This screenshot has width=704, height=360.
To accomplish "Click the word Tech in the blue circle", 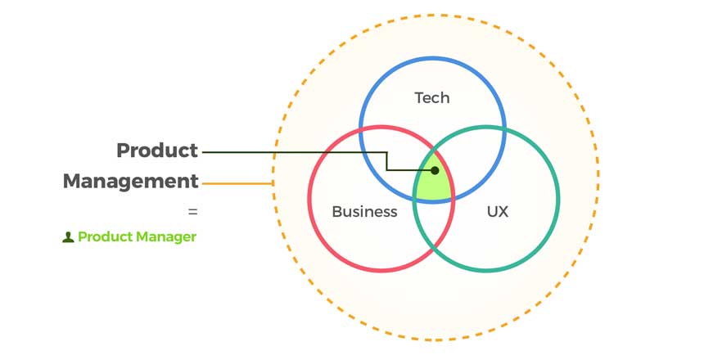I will (x=432, y=98).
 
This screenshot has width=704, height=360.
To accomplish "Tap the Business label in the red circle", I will (x=364, y=212).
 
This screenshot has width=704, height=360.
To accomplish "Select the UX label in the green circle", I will (x=497, y=212).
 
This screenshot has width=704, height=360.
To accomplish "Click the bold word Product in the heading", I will (x=157, y=151).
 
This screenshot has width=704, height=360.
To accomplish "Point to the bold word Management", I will (x=131, y=181).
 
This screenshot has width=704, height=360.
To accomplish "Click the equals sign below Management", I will (x=193, y=211).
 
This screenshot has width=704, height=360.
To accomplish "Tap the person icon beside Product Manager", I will (x=68, y=237).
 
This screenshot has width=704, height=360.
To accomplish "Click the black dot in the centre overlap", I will (x=435, y=171).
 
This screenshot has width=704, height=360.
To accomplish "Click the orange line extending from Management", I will (x=237, y=183).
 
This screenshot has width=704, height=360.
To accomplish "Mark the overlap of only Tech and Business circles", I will (x=391, y=155).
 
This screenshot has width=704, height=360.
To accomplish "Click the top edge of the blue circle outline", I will (x=432, y=57).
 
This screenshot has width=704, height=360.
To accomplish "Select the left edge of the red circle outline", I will (x=309, y=198).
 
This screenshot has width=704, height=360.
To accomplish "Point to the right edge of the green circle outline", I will (x=558, y=198).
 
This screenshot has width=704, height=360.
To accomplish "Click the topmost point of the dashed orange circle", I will (x=435, y=15).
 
